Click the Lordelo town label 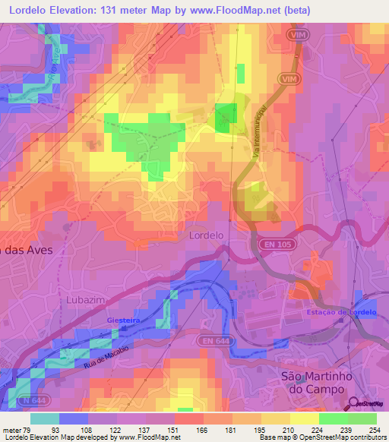point(205,235)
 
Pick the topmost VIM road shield point(298,35)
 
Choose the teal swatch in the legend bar point(45,418)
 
